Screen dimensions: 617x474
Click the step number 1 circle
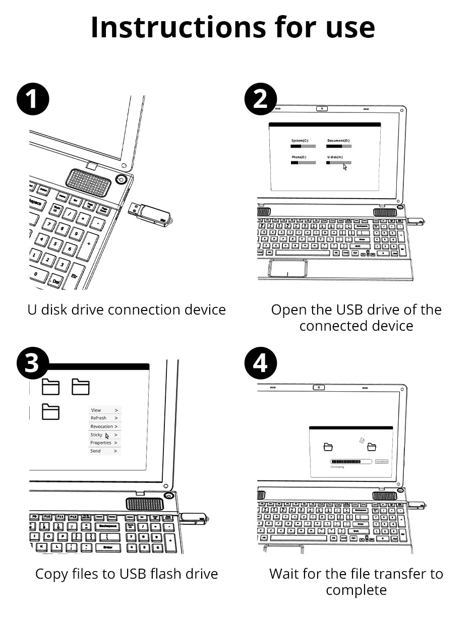click(x=33, y=99)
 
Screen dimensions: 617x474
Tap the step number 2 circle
click(x=260, y=99)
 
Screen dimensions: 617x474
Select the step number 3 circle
click(x=33, y=363)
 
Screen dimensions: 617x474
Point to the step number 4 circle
click(x=260, y=363)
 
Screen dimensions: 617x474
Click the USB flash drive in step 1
click(x=149, y=212)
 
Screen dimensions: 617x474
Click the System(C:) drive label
click(x=300, y=141)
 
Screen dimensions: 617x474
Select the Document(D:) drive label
click(x=338, y=141)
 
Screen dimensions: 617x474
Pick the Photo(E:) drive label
click(x=299, y=157)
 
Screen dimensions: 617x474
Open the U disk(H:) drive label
click(x=335, y=157)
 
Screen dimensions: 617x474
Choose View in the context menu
click(x=96, y=410)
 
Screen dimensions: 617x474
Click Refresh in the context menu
click(x=98, y=418)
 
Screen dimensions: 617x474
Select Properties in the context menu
click(x=100, y=443)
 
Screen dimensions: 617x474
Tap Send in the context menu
click(x=95, y=451)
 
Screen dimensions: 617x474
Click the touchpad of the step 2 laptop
click(x=287, y=268)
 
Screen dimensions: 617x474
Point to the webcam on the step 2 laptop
click(x=321, y=109)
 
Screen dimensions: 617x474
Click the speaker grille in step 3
click(x=145, y=504)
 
